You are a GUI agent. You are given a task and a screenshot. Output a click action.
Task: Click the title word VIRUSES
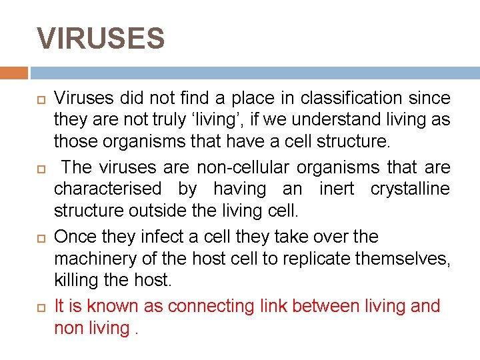tap(101, 39)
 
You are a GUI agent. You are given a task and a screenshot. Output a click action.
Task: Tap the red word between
tap(327, 306)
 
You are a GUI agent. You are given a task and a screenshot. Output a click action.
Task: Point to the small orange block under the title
tap(14, 72)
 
